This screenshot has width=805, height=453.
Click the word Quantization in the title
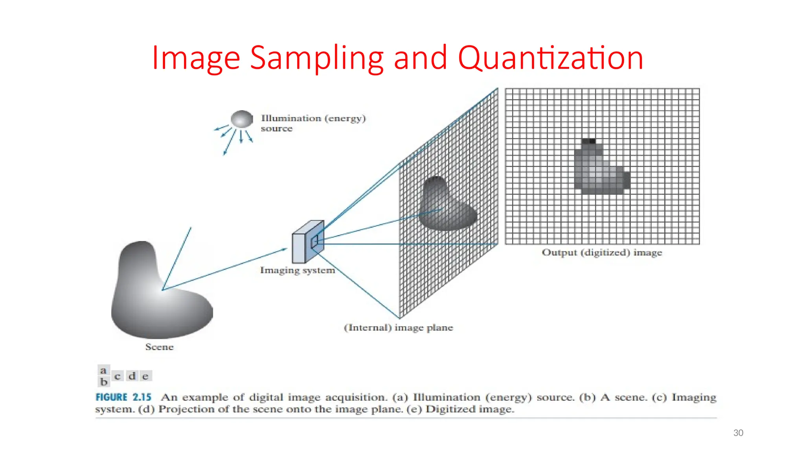point(550,58)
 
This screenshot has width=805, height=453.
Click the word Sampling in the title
point(316,58)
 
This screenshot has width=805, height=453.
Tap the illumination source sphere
point(242,119)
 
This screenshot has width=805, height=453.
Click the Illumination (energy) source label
point(313,123)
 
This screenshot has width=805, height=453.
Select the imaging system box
point(308,242)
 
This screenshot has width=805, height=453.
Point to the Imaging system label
point(297,270)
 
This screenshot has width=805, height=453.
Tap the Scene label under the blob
point(159,347)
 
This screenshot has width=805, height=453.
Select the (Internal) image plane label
point(398,328)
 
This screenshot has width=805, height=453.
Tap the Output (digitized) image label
point(602,252)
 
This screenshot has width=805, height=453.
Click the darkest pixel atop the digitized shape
point(592,141)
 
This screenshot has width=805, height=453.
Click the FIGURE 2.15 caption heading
point(123,397)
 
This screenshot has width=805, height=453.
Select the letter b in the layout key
point(103,382)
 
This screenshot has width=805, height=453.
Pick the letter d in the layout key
point(132,376)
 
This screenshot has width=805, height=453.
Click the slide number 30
point(738,433)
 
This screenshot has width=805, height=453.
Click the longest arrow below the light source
point(230,143)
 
